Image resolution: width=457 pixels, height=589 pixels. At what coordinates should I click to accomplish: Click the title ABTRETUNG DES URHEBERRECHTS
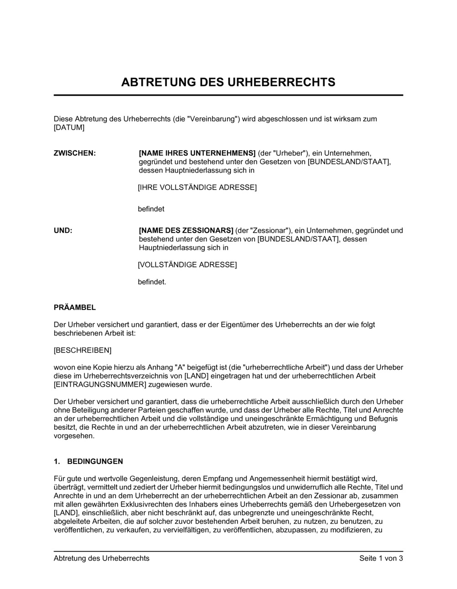[x=228, y=82]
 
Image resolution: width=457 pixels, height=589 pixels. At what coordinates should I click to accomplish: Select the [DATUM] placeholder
[x=69, y=127]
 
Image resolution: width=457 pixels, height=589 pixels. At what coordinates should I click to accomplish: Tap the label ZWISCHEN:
[x=75, y=153]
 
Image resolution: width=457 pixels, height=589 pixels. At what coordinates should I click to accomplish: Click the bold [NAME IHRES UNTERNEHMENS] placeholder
[x=197, y=153]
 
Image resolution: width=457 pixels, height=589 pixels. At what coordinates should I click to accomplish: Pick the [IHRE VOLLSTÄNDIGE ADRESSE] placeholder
[x=197, y=188]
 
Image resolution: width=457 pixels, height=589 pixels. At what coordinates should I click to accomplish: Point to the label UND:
[x=63, y=231]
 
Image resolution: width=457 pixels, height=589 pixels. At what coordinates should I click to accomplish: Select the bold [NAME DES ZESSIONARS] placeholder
[x=186, y=231]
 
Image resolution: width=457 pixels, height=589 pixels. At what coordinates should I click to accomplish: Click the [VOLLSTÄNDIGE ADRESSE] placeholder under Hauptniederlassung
[x=187, y=265]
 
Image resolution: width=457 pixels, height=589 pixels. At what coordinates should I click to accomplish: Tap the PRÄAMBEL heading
[x=75, y=308]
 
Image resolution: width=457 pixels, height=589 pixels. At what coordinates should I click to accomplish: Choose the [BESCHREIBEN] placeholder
[x=83, y=351]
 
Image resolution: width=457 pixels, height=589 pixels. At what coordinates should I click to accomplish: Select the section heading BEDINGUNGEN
[x=95, y=462]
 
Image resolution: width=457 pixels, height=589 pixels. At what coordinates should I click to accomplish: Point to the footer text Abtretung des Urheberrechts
[x=101, y=558]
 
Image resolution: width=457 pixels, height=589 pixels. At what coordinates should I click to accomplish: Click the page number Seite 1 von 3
[x=381, y=558]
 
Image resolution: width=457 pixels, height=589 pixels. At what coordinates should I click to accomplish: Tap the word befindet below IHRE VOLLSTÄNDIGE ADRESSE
[x=151, y=209]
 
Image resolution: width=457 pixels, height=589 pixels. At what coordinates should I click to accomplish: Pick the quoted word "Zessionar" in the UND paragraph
[x=272, y=231]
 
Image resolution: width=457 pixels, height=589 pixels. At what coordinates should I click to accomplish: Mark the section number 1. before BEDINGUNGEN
[x=57, y=462]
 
